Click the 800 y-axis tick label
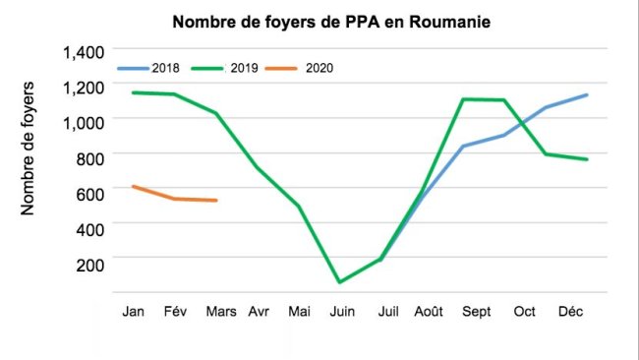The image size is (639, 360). pyautogui.click(x=88, y=154)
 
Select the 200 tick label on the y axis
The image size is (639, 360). pyautogui.click(x=88, y=260)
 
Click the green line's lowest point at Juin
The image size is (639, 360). pyautogui.click(x=340, y=282)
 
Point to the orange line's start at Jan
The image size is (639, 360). pyautogui.click(x=132, y=186)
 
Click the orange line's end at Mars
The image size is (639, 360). pyautogui.click(x=216, y=201)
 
